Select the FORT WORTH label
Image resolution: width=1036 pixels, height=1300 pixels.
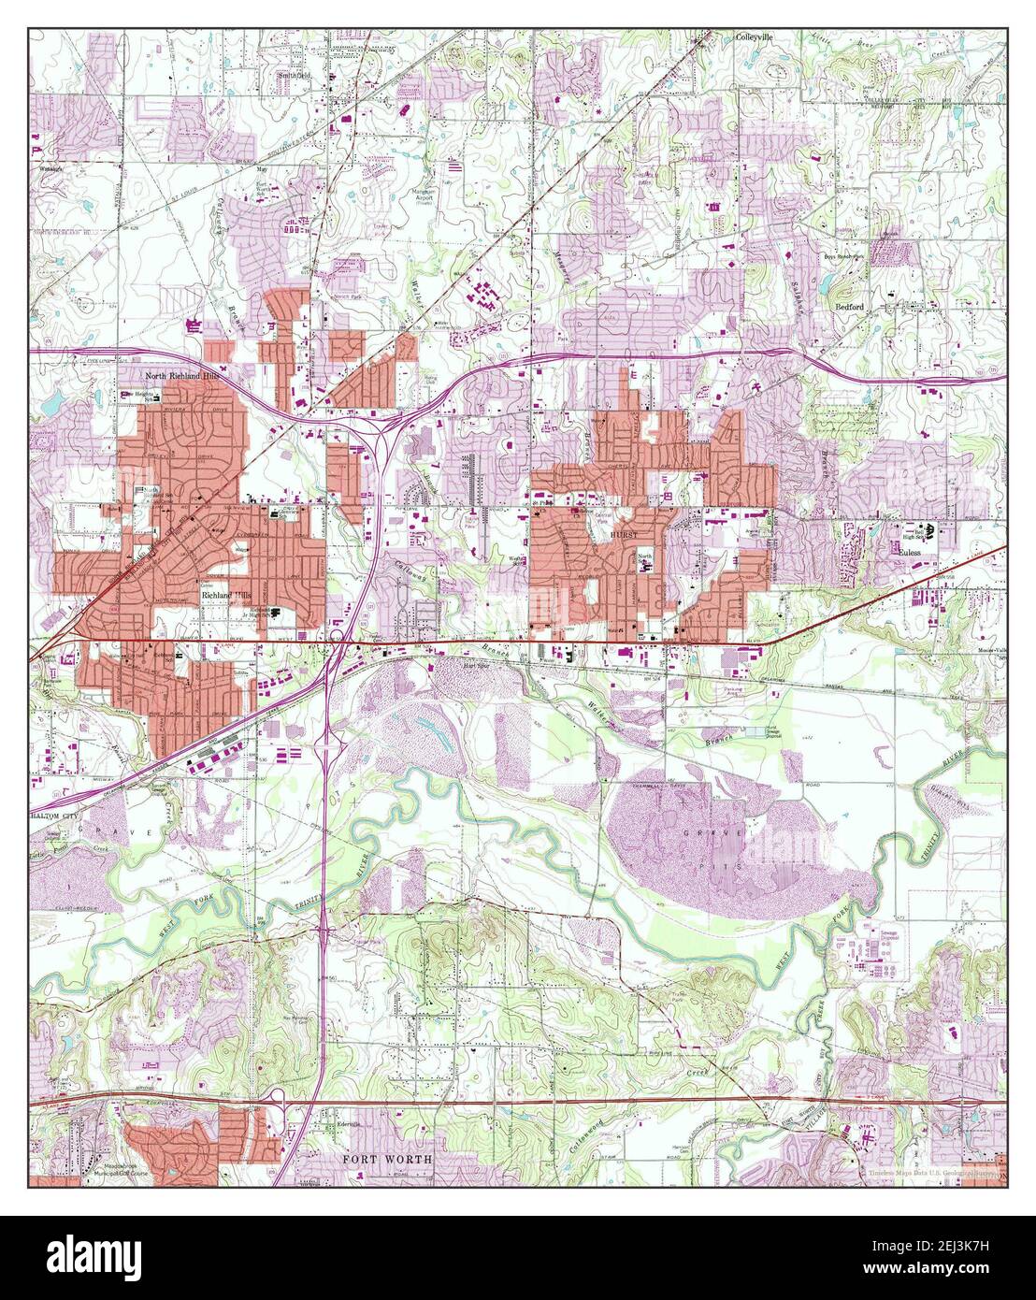coord(387,1159)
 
